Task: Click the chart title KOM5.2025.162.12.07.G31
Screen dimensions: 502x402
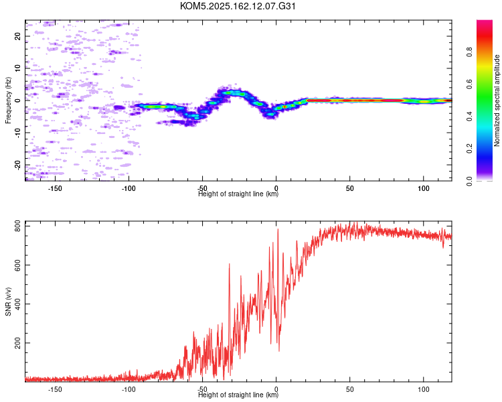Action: pyautogui.click(x=238, y=6)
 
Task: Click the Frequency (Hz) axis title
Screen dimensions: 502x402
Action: pyautogui.click(x=8, y=100)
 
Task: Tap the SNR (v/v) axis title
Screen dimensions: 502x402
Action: pyautogui.click(x=8, y=301)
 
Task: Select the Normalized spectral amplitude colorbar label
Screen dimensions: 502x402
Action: pyautogui.click(x=497, y=100)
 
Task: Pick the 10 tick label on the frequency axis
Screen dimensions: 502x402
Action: pyautogui.click(x=17, y=68)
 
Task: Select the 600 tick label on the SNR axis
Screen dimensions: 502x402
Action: pyautogui.click(x=17, y=265)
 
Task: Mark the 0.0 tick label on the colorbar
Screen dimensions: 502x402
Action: pyautogui.click(x=469, y=181)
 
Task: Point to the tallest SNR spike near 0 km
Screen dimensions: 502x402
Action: pyautogui.click(x=278, y=229)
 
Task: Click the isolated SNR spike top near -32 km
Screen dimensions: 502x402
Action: pyautogui.click(x=229, y=264)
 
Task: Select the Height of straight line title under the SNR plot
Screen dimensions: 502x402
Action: pyautogui.click(x=238, y=395)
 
